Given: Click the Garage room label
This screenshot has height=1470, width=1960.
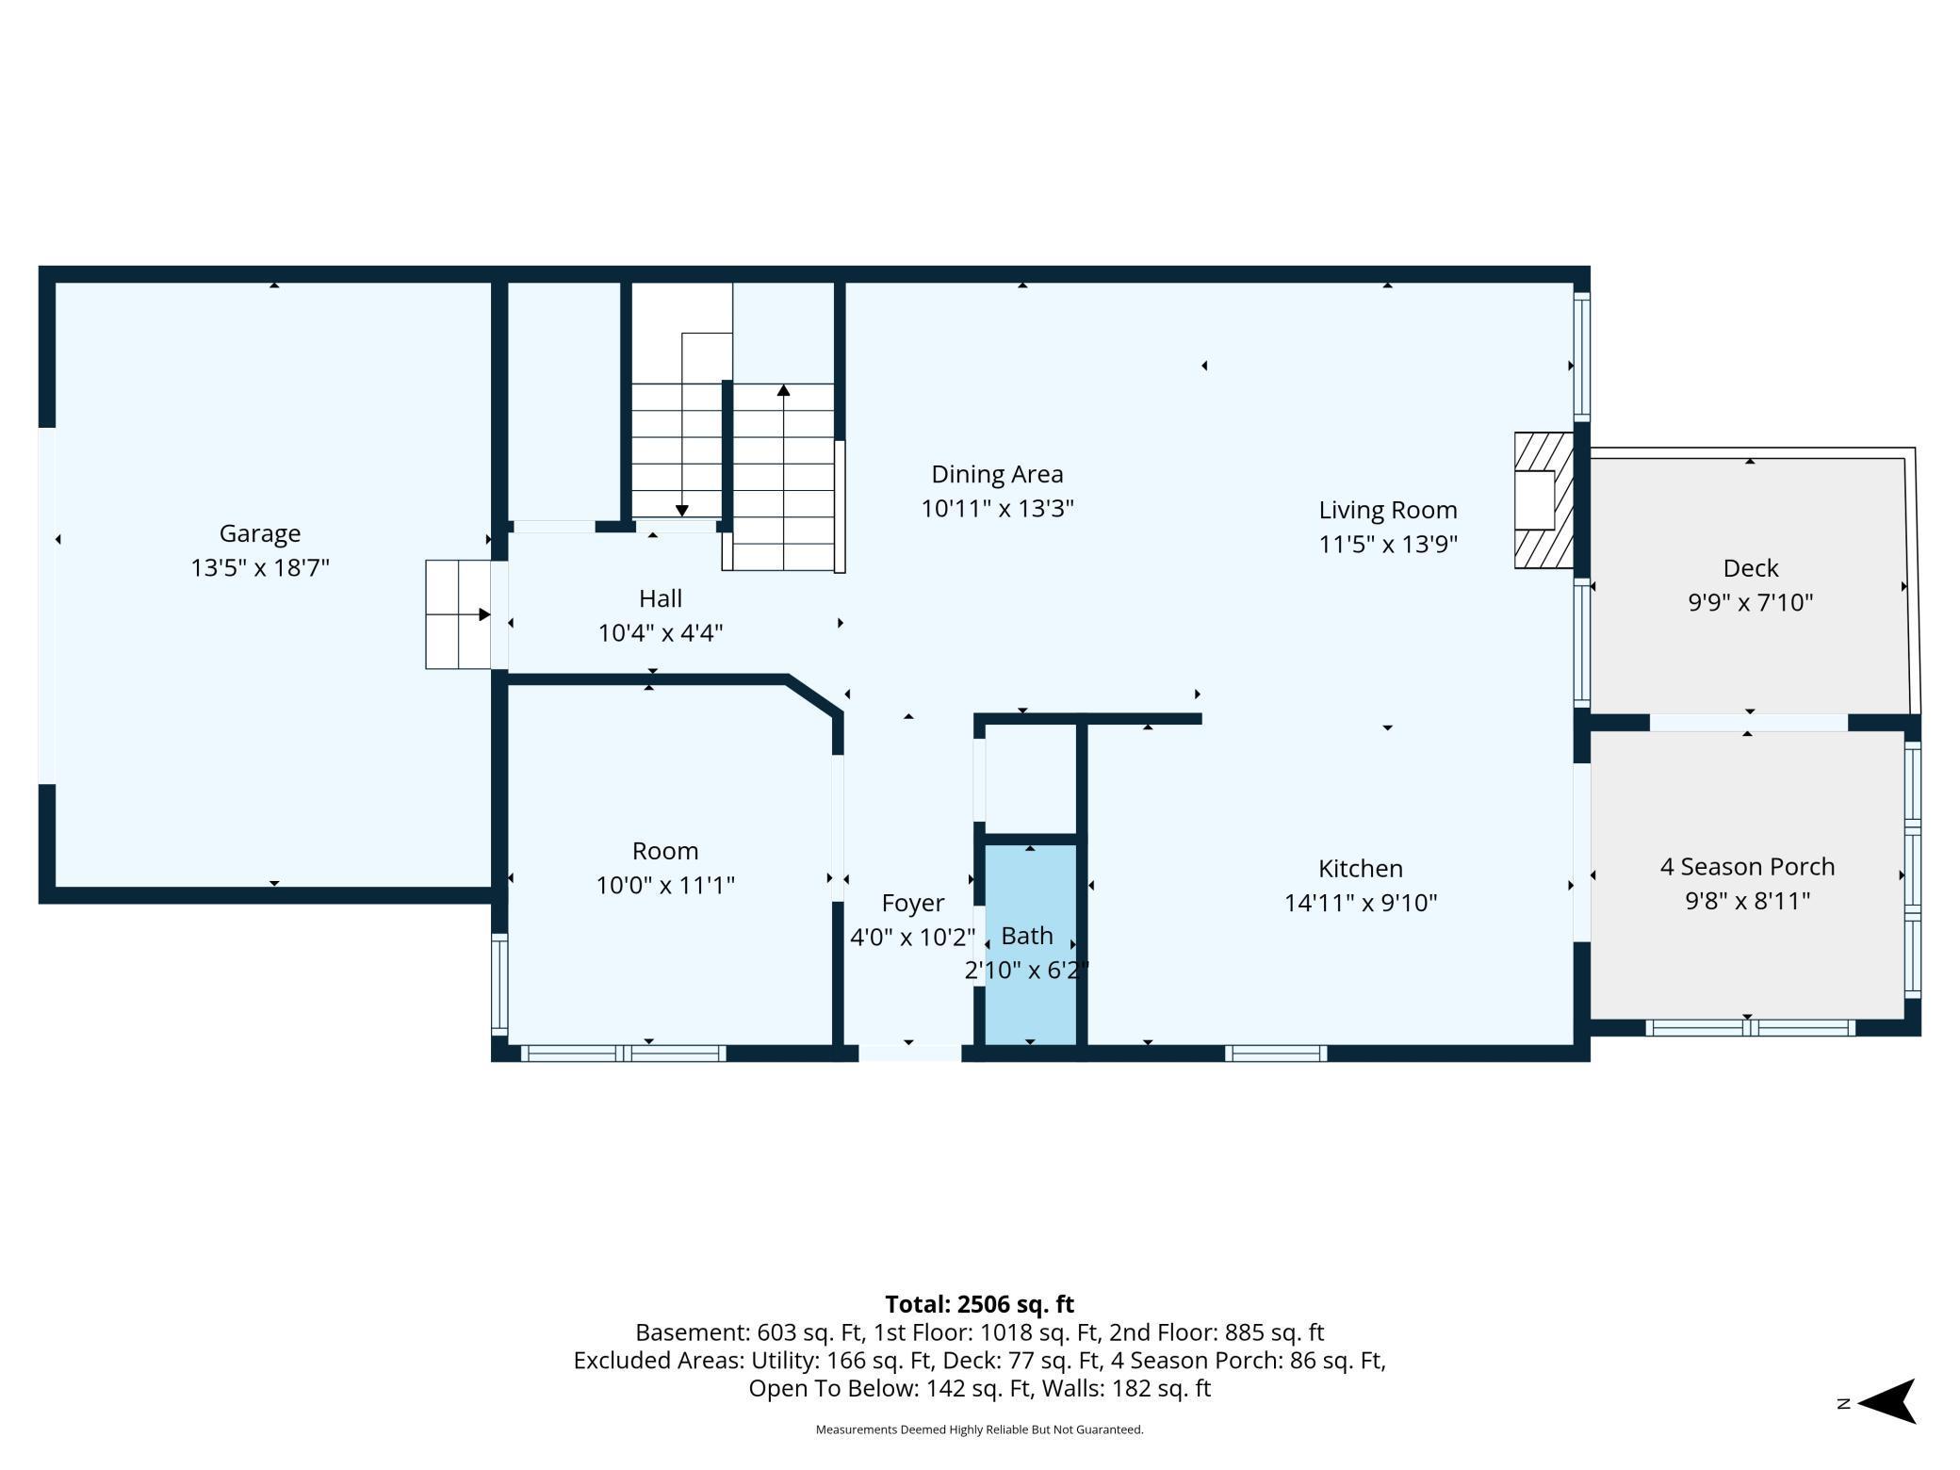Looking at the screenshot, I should tap(260, 533).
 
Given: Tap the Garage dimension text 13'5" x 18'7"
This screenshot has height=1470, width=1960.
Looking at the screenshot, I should tap(260, 568).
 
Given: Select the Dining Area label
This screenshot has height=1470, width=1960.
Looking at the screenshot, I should tap(997, 474).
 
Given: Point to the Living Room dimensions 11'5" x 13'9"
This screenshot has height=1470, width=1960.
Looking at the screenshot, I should tap(1388, 545).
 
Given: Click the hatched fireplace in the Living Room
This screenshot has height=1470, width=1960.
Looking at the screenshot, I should tap(1543, 500).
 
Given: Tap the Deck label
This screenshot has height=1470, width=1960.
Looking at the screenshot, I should tap(1751, 568).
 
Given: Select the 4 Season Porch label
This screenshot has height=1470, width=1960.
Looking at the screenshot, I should tap(1747, 867).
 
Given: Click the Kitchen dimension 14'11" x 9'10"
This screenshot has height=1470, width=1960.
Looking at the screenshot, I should tap(1360, 903).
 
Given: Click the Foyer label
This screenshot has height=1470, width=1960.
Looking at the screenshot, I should tap(912, 903).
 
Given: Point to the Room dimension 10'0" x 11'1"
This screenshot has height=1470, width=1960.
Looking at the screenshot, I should tap(665, 886).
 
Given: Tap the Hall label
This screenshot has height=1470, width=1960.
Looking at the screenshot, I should tap(660, 598).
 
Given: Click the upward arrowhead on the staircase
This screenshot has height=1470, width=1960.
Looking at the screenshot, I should tap(783, 390).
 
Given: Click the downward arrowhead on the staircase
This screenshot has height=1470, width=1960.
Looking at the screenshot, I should tap(681, 510).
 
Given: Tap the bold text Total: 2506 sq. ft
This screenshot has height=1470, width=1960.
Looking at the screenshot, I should tap(979, 1304).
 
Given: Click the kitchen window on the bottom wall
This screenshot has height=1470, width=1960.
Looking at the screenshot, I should tap(1276, 1053).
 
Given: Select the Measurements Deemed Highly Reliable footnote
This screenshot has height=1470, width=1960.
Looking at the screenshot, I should tap(979, 1429).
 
